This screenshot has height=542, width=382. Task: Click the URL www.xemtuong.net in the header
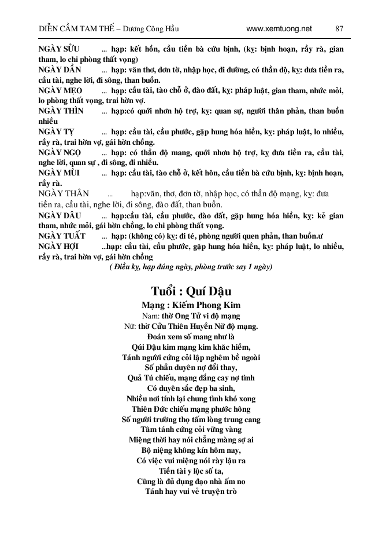pyautogui.click(x=279, y=28)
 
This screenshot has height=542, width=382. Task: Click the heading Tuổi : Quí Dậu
pyautogui.click(x=191, y=291)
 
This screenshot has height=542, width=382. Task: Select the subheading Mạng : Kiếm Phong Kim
pyautogui.click(x=191, y=305)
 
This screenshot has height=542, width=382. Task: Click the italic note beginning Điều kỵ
pyautogui.click(x=191, y=267)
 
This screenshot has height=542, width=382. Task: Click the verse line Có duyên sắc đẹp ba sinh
pyautogui.click(x=191, y=389)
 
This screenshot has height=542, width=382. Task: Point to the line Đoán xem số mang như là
pyautogui.click(x=191, y=336)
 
